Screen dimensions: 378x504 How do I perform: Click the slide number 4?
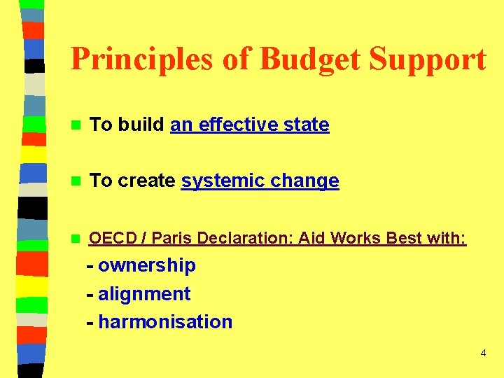[x=483, y=353]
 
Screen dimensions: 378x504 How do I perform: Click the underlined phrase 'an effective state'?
[x=250, y=125]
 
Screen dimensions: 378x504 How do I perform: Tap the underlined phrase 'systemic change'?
[x=260, y=181]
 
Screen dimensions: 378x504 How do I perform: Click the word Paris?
[x=172, y=238]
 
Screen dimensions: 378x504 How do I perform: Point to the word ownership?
[x=147, y=266]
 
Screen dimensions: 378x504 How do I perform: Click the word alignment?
[x=144, y=294]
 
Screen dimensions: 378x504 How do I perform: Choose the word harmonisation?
[x=165, y=322]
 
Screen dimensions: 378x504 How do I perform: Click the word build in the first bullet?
[x=141, y=125]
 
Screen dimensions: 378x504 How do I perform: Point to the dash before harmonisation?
[x=90, y=323]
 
